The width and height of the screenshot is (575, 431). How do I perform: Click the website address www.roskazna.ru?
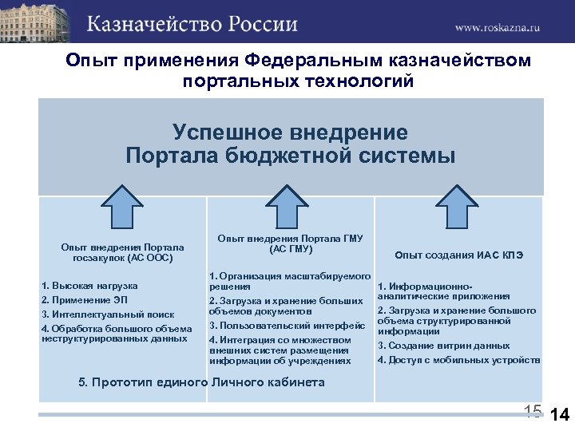point(498,26)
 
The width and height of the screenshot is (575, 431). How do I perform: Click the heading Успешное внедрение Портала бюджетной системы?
point(291,144)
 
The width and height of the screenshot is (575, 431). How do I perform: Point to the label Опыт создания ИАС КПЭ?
point(458,255)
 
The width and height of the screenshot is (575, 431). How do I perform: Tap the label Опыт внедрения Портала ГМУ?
point(291,243)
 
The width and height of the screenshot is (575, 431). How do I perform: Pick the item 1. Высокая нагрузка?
point(89,286)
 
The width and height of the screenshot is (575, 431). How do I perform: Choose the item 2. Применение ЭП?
point(86,299)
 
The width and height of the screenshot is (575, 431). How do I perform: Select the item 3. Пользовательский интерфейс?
point(287,325)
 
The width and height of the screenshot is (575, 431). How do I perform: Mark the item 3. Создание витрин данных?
point(443,346)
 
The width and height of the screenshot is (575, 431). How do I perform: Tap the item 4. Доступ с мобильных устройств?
point(458,360)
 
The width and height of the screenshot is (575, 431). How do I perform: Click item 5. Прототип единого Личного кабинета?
point(201,382)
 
